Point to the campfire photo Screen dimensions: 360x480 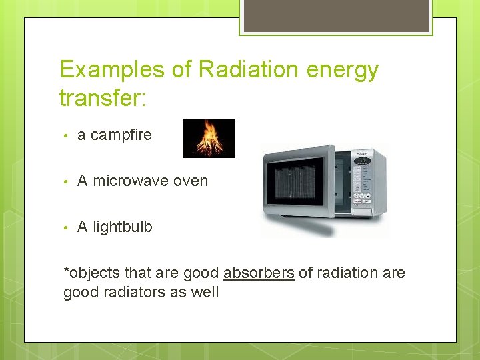point(209,139)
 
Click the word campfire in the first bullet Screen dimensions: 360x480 point(121,135)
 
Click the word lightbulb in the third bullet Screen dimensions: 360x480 point(123,227)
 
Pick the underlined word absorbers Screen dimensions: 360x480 point(259,273)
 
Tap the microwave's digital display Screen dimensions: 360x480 point(363,160)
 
